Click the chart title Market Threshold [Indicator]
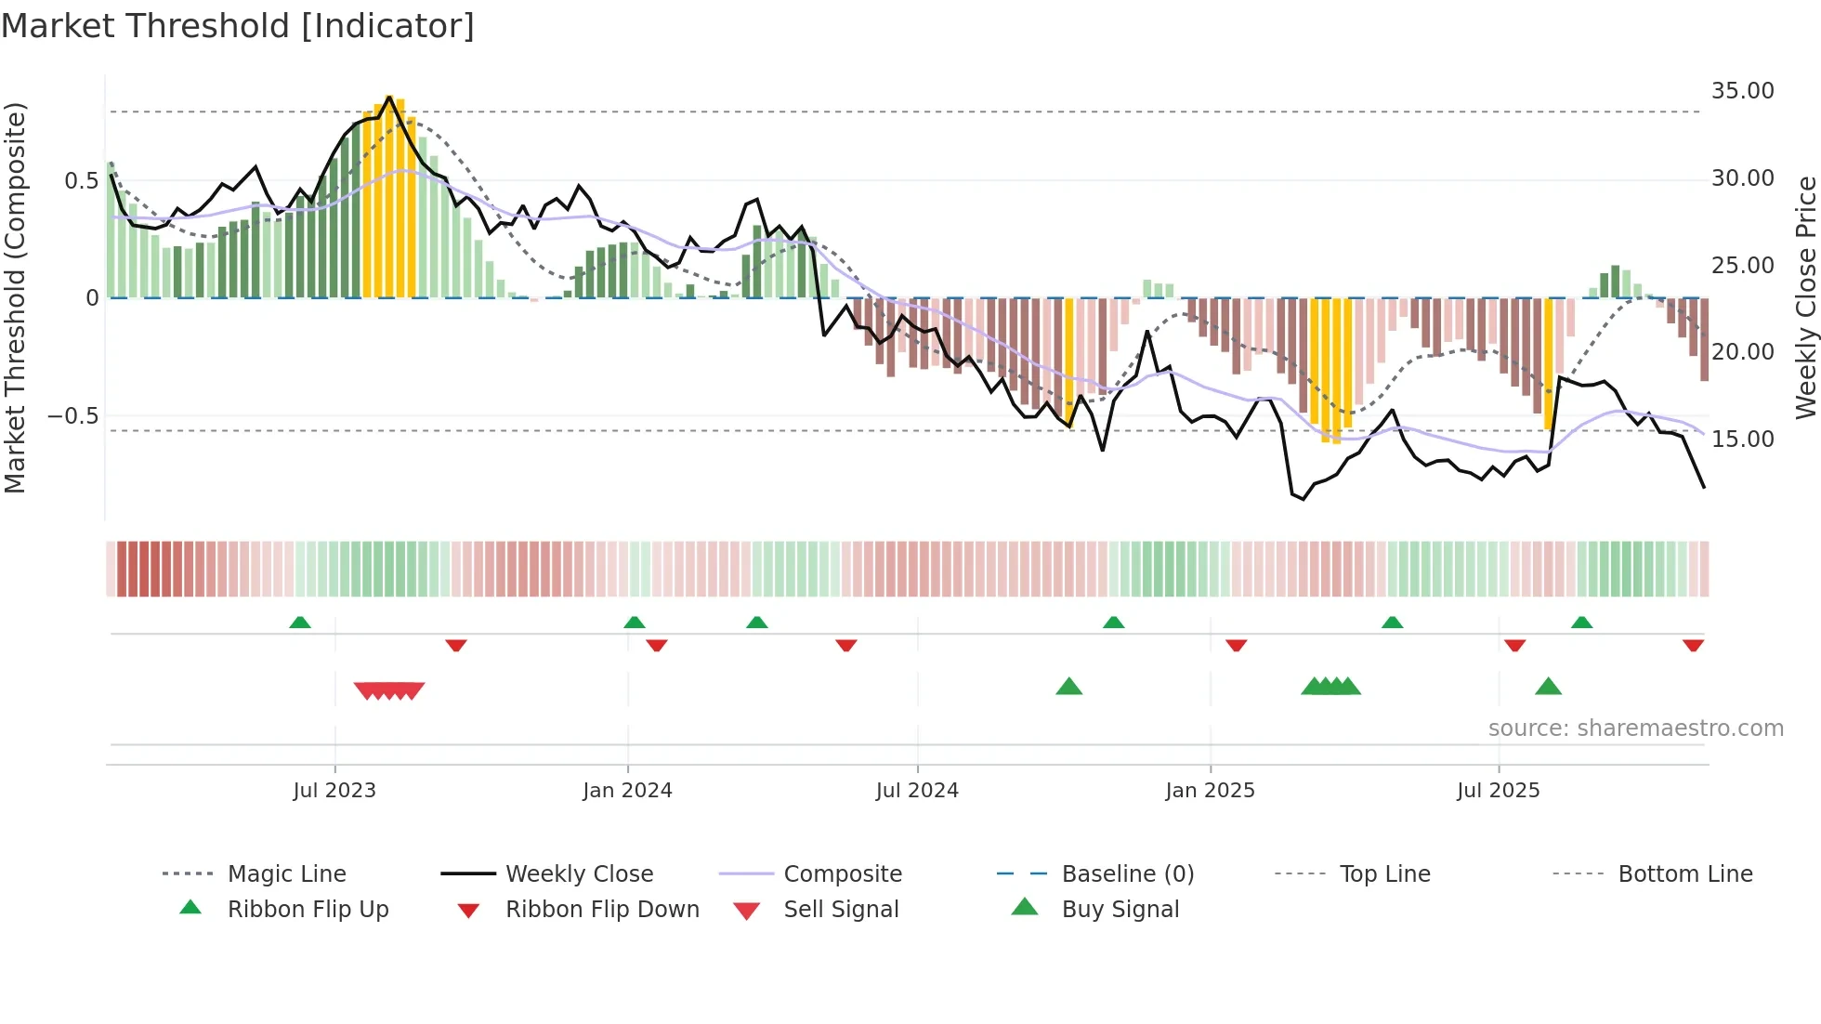(238, 26)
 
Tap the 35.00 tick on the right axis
(1742, 91)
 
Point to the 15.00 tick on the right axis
(1742, 440)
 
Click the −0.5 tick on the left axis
(72, 415)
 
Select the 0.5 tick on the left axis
(81, 180)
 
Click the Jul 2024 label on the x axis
(917, 791)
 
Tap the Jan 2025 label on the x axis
(1210, 791)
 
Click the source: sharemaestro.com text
(1635, 729)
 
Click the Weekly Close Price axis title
(1805, 297)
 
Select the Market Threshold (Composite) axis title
(15, 297)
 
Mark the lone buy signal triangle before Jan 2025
(1069, 687)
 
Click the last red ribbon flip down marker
(1693, 645)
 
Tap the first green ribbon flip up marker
(300, 623)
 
